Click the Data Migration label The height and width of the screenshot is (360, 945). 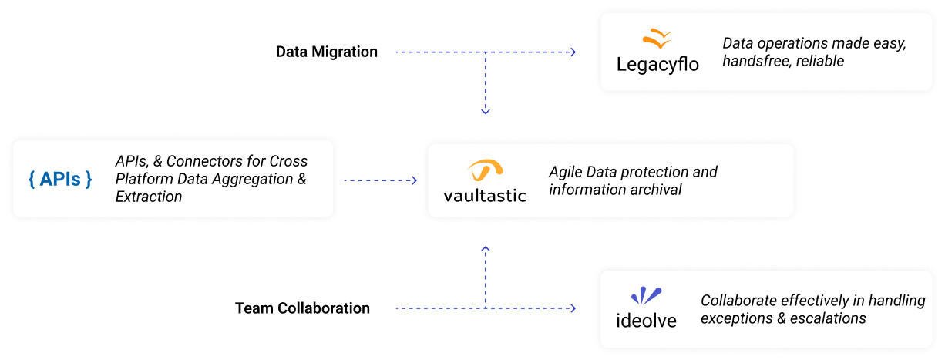(x=327, y=52)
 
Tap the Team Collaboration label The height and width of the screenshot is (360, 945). (x=302, y=308)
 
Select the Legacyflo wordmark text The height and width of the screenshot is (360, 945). (x=657, y=64)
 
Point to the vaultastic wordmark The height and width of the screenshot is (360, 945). (x=485, y=195)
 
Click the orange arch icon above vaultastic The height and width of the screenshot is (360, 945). (x=486, y=170)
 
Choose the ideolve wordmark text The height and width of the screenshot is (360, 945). (x=646, y=320)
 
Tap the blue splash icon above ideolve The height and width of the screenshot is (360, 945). (x=646, y=295)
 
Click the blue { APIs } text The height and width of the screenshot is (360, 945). (x=60, y=179)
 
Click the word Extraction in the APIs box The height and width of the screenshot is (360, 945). (x=149, y=197)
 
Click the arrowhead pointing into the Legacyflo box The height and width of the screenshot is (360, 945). (x=573, y=52)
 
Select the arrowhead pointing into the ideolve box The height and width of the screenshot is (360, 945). (x=573, y=308)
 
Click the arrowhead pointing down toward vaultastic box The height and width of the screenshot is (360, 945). (x=486, y=112)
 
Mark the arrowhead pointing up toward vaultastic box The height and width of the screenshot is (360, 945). (x=486, y=249)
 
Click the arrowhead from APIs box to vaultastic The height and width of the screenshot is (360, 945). (x=413, y=180)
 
